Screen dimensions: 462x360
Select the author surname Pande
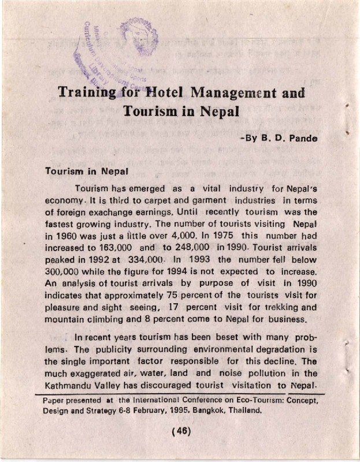click(x=302, y=139)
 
